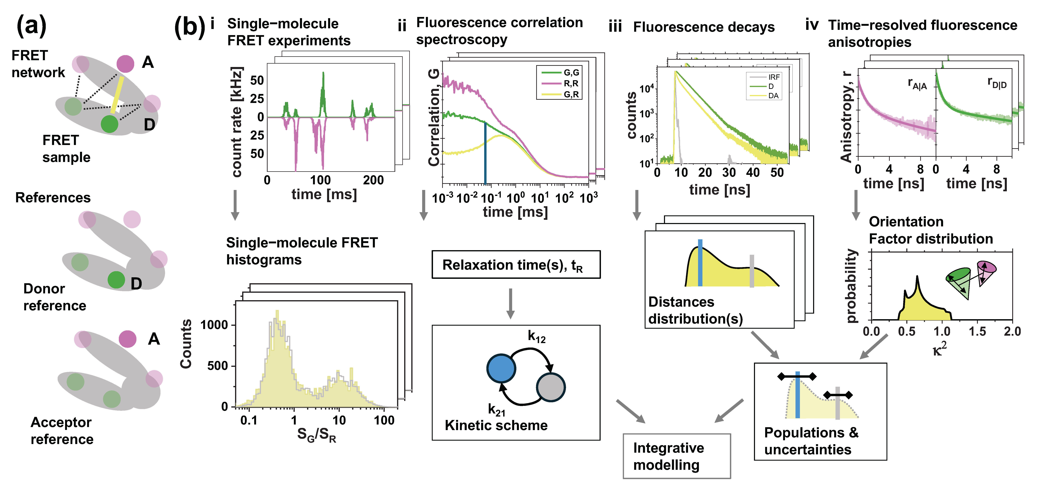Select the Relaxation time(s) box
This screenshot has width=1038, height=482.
coord(516,265)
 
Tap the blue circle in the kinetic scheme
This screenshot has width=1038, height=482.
coord(501,368)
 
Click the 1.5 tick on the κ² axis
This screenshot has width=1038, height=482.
coord(977,332)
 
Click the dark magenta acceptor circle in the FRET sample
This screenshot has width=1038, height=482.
coord(125,64)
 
